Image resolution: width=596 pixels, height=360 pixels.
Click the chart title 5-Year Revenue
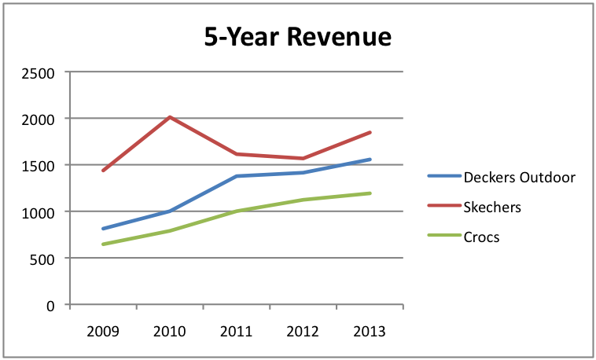pos(297,38)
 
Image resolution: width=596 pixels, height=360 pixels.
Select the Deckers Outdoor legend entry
pos(520,176)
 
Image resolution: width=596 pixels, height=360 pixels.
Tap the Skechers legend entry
pos(492,208)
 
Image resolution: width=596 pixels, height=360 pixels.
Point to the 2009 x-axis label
pos(103,331)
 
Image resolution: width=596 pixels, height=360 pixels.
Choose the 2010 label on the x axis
pos(170,331)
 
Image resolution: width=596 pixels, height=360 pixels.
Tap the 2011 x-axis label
pos(237,331)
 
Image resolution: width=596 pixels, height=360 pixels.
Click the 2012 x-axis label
pos(304,331)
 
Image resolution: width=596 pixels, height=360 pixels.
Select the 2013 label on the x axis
pos(370,331)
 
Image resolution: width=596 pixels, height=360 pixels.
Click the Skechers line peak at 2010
pos(170,118)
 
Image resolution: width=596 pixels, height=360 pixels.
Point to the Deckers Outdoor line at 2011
pos(237,176)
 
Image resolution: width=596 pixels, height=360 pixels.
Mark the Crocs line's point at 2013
pos(370,193)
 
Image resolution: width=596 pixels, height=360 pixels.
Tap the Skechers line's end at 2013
pos(370,133)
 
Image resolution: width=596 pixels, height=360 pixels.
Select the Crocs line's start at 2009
pos(103,244)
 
